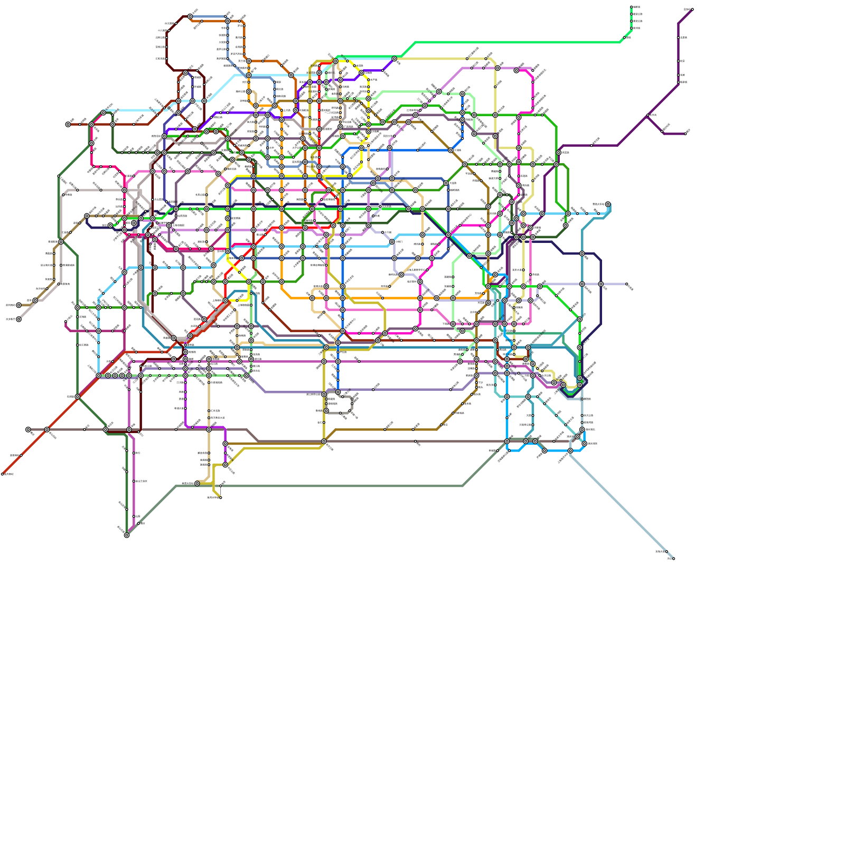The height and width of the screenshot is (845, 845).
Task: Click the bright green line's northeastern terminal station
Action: click(x=632, y=7)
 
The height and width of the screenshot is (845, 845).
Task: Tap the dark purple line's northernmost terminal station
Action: click(x=692, y=9)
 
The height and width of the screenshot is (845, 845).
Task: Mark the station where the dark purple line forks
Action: click(x=648, y=115)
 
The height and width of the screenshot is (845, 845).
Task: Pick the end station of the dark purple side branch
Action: click(x=686, y=134)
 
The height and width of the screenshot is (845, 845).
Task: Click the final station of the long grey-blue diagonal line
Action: click(x=673, y=558)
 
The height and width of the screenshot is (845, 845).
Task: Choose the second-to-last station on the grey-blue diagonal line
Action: click(x=666, y=551)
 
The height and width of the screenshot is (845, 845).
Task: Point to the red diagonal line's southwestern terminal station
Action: click(x=3, y=474)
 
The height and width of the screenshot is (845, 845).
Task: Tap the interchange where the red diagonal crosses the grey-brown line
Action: click(x=47, y=429)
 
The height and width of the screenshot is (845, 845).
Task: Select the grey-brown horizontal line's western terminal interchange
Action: click(x=28, y=429)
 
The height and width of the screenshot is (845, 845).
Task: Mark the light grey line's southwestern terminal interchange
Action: click(x=18, y=319)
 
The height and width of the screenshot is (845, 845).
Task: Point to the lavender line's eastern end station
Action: click(x=627, y=284)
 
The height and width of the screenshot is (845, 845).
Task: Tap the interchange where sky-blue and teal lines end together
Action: click(x=608, y=204)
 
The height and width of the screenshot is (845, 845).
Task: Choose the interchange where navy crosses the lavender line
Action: click(x=601, y=284)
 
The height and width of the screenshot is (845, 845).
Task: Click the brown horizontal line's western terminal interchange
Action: click(x=68, y=125)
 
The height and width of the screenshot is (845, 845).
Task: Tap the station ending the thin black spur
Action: click(x=221, y=497)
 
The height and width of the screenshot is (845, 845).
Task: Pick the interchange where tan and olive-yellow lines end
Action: click(x=197, y=483)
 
